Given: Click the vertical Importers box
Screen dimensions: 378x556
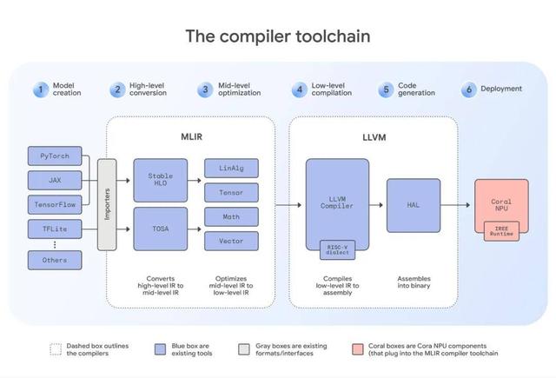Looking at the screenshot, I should click(x=107, y=204).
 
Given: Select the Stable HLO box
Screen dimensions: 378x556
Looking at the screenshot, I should click(x=161, y=181).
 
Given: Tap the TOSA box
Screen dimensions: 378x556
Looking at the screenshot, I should click(x=161, y=229).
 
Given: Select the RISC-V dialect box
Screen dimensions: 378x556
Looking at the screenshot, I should click(x=337, y=249).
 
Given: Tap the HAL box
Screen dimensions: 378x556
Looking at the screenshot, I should click(x=414, y=205).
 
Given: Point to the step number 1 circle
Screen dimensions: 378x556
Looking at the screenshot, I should click(x=39, y=89).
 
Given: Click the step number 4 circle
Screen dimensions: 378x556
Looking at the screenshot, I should click(x=299, y=89).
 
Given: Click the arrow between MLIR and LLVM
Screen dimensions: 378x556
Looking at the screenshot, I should click(x=281, y=205).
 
